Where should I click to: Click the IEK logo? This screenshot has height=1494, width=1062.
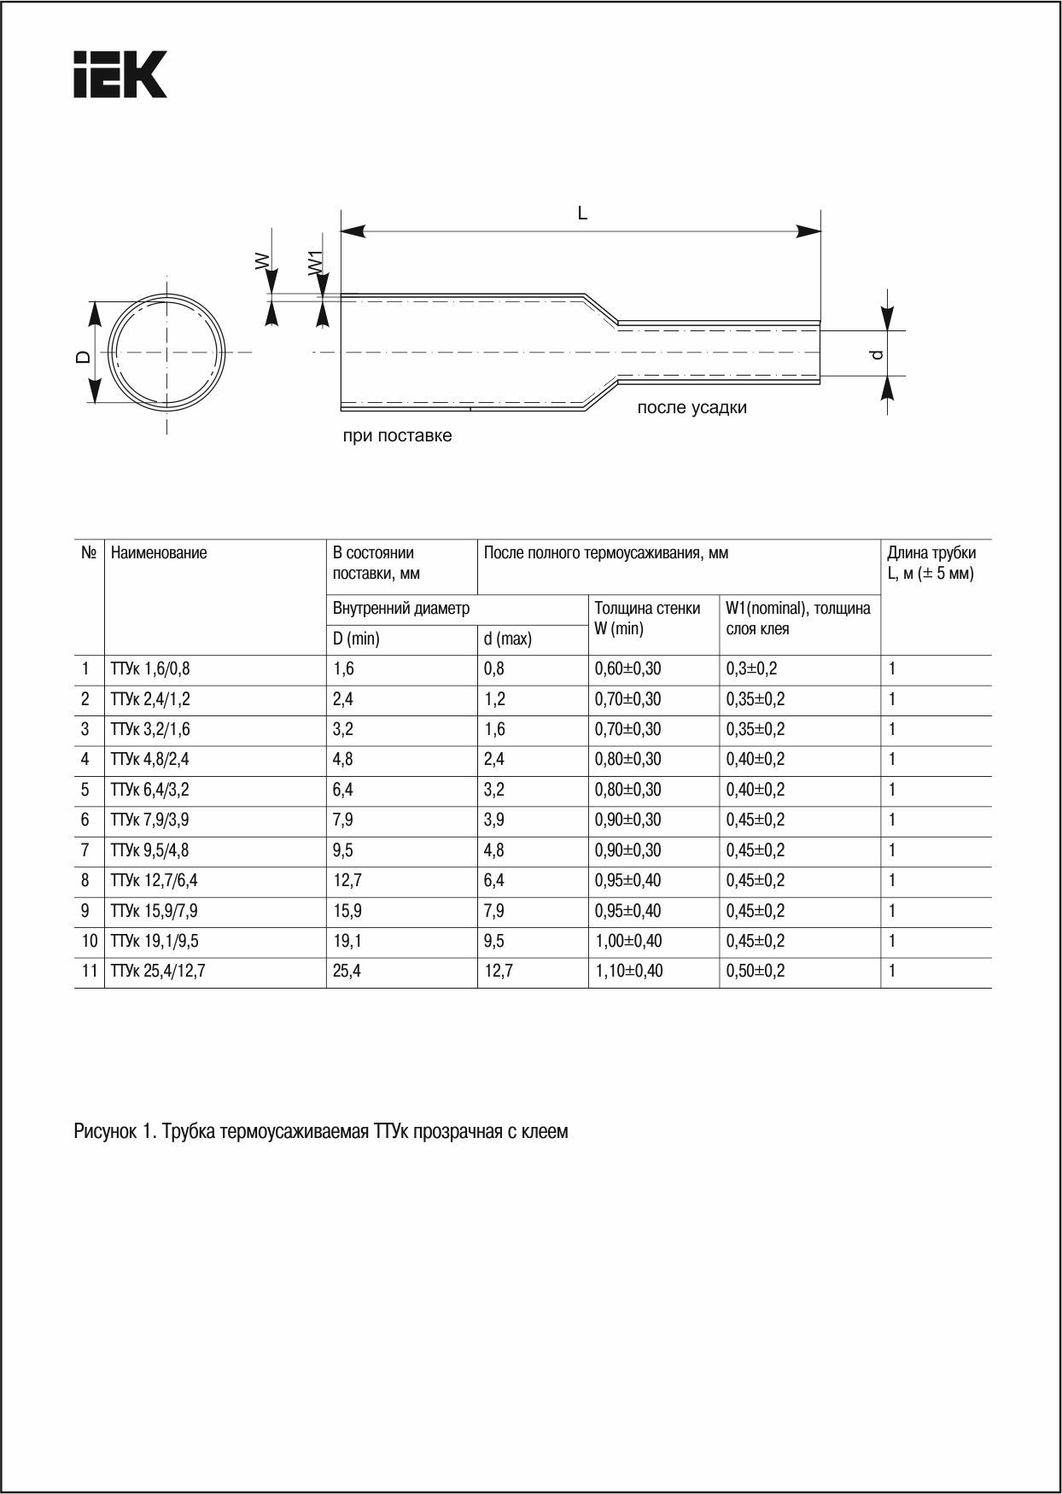tap(120, 74)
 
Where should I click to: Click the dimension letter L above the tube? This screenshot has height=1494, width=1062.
tap(582, 213)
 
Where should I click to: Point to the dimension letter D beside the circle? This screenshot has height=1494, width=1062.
tap(83, 357)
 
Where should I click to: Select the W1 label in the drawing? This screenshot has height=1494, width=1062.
tap(315, 262)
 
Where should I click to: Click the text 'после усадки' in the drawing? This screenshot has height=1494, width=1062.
tap(691, 408)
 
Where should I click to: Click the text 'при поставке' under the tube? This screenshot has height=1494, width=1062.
tap(397, 436)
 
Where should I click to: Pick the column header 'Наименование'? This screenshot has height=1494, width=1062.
tap(159, 553)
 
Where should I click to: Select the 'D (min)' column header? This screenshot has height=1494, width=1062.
tap(356, 639)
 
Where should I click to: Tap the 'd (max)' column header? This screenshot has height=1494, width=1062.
tap(507, 639)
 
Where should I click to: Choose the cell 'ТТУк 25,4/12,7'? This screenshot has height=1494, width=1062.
tap(157, 972)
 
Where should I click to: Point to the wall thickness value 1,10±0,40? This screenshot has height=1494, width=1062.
tap(628, 972)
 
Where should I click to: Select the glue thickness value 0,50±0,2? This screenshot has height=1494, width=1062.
tap(755, 972)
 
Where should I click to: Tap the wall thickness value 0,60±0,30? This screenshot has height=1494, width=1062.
tap(627, 669)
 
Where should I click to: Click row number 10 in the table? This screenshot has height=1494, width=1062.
tap(89, 941)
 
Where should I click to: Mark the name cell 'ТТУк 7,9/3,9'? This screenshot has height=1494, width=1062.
tap(150, 820)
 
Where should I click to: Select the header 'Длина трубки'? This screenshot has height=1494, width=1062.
tap(931, 553)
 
